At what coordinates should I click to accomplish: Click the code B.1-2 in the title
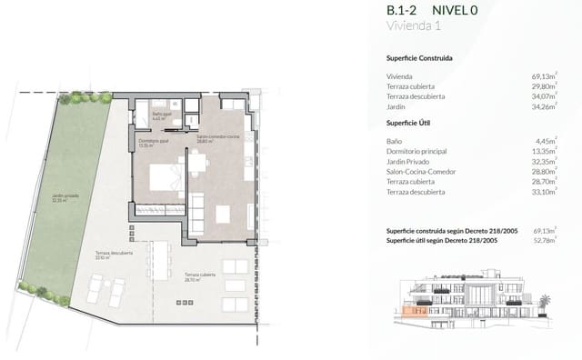[x=403, y=11]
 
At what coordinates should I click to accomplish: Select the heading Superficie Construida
[x=419, y=58]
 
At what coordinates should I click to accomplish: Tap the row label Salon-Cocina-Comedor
[x=422, y=171]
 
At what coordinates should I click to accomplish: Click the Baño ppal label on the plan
[x=161, y=115]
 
